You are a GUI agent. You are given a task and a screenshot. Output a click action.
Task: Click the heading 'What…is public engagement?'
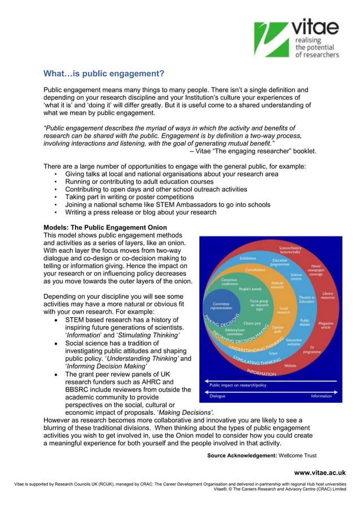point(104,74)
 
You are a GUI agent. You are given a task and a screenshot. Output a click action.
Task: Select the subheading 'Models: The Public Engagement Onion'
point(105,228)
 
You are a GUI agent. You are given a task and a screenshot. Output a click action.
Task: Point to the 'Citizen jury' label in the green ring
point(252,323)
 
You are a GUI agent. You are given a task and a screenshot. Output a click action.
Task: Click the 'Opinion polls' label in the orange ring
point(278,329)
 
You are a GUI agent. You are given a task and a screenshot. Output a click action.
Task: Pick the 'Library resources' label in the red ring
point(327,295)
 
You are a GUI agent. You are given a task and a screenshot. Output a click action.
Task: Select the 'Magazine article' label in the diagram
point(326,326)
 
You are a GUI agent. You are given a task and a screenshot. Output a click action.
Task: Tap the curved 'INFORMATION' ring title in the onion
point(261,372)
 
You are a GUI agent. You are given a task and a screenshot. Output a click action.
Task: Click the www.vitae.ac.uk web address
point(319,472)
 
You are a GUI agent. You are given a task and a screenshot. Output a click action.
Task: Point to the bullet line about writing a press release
point(141,213)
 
